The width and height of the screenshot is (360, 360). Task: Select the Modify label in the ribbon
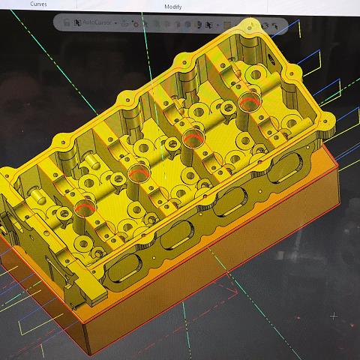[173, 6]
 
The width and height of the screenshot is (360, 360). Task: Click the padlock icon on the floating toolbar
[67, 23]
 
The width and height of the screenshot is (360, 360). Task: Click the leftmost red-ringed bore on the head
[85, 205]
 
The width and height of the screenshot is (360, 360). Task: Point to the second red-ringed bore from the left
[137, 175]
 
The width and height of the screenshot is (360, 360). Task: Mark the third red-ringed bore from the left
[193, 137]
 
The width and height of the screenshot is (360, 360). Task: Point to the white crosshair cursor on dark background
[334, 316]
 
